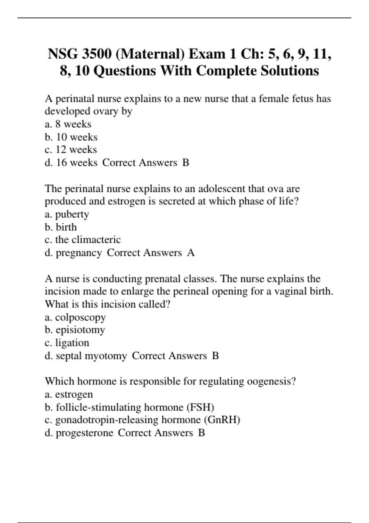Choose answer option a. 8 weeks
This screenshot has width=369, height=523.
tap(68, 124)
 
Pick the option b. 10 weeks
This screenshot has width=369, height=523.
tap(71, 137)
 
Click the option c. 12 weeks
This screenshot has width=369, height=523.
tap(71, 150)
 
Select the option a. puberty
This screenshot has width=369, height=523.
tap(67, 214)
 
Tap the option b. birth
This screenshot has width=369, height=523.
tap(61, 227)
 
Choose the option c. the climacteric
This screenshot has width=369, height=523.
tap(83, 240)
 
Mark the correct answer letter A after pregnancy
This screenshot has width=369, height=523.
tap(191, 253)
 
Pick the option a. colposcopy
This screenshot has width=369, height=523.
tap(75, 317)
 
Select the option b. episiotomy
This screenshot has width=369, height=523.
tap(75, 330)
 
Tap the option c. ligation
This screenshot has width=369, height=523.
tap(67, 343)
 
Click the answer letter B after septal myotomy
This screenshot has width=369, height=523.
tap(216, 356)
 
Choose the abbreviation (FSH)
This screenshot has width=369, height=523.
tap(200, 407)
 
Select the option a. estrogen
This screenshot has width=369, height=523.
tap(69, 394)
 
